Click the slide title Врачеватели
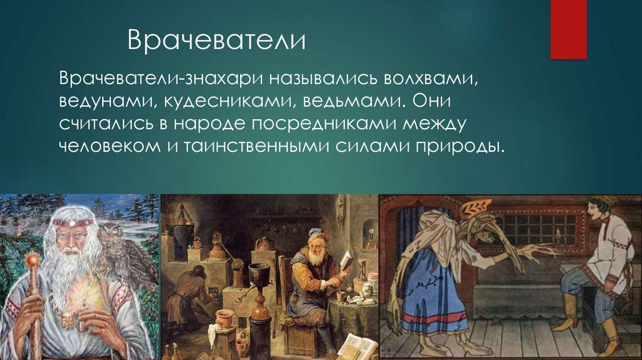pyautogui.click(x=216, y=40)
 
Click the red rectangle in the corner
pyautogui.click(x=568, y=29)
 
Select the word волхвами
pyautogui.click(x=431, y=78)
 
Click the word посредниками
pyautogui.click(x=324, y=124)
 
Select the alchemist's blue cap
pyautogui.click(x=315, y=233)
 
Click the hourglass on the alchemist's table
pyautogui.click(x=362, y=270)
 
